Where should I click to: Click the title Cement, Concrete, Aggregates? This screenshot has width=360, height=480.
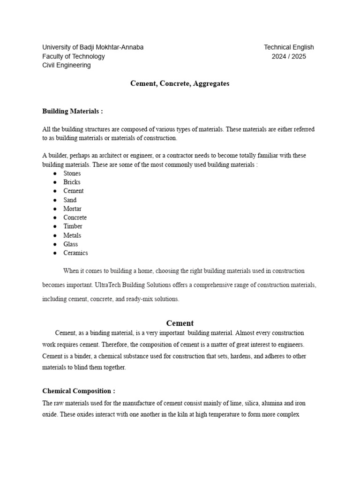tap(180, 84)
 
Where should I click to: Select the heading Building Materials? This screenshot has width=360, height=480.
tap(72, 112)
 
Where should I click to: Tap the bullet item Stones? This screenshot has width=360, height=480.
tap(72, 173)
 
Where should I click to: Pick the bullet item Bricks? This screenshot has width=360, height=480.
tap(72, 182)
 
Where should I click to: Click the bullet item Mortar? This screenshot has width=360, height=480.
tap(72, 209)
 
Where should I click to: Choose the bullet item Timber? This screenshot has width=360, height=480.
tap(73, 226)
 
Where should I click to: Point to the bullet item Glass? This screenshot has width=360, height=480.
tap(71, 244)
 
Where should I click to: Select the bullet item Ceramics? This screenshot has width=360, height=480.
tap(75, 253)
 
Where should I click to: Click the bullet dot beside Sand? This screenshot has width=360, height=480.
tap(55, 200)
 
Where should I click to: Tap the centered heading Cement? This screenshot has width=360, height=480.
tap(180, 323)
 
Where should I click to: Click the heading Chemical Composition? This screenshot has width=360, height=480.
tap(78, 391)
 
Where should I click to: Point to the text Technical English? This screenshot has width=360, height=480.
tap(289, 47)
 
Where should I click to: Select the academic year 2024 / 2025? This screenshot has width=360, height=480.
tap(289, 57)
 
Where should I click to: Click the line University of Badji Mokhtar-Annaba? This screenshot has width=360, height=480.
tap(93, 47)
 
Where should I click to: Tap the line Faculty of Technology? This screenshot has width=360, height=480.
tap(74, 57)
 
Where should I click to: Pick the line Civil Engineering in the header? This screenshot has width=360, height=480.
tap(67, 66)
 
